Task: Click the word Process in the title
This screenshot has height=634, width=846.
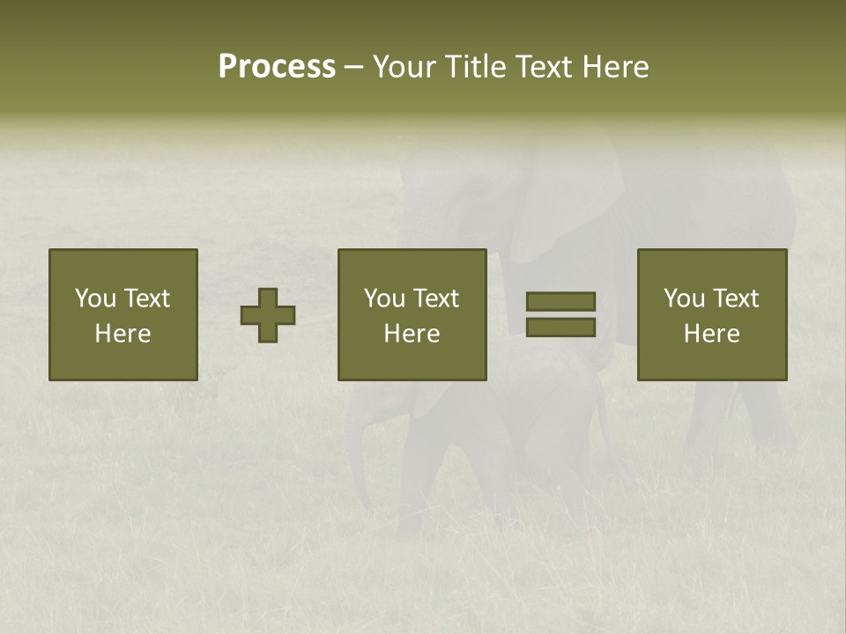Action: (x=277, y=67)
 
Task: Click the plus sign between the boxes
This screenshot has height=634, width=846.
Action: (x=268, y=315)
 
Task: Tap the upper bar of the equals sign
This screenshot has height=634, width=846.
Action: (x=560, y=301)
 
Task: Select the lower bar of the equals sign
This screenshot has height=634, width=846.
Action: (x=560, y=328)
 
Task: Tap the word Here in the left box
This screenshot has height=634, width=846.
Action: (x=122, y=334)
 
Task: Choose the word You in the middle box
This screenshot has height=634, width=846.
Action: (x=384, y=299)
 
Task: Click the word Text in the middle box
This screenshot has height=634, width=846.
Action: (x=435, y=299)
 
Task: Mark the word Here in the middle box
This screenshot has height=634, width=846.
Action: (x=412, y=334)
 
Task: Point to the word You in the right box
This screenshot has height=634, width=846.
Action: (x=684, y=299)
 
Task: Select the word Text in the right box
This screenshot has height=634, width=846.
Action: (x=735, y=299)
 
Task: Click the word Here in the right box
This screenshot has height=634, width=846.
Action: (x=711, y=334)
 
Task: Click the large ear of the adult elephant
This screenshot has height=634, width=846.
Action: (x=564, y=203)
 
